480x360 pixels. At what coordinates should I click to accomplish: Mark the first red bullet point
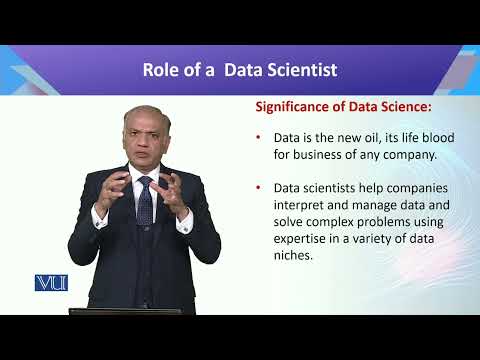pyautogui.click(x=259, y=138)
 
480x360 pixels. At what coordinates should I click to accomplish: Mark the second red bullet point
pyautogui.click(x=259, y=188)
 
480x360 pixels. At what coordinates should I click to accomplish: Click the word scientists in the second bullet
pyautogui.click(x=317, y=187)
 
